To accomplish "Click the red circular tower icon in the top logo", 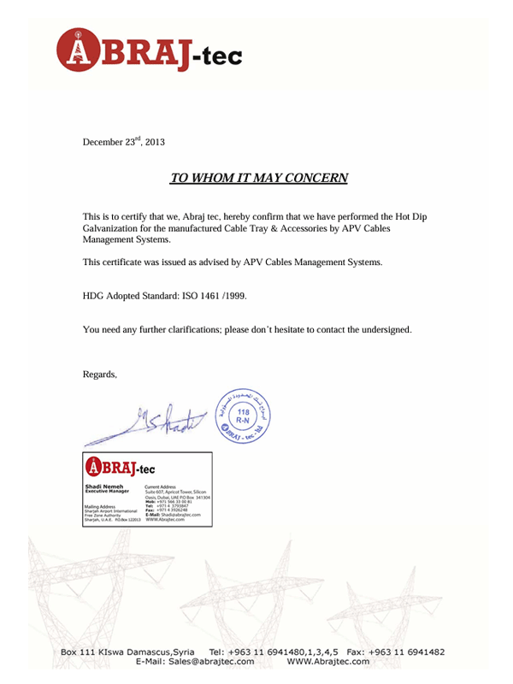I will (77, 50).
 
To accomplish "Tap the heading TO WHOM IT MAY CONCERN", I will (259, 179).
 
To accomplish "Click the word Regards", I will (99, 374).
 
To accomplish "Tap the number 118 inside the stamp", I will (243, 412).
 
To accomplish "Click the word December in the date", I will (103, 142).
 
